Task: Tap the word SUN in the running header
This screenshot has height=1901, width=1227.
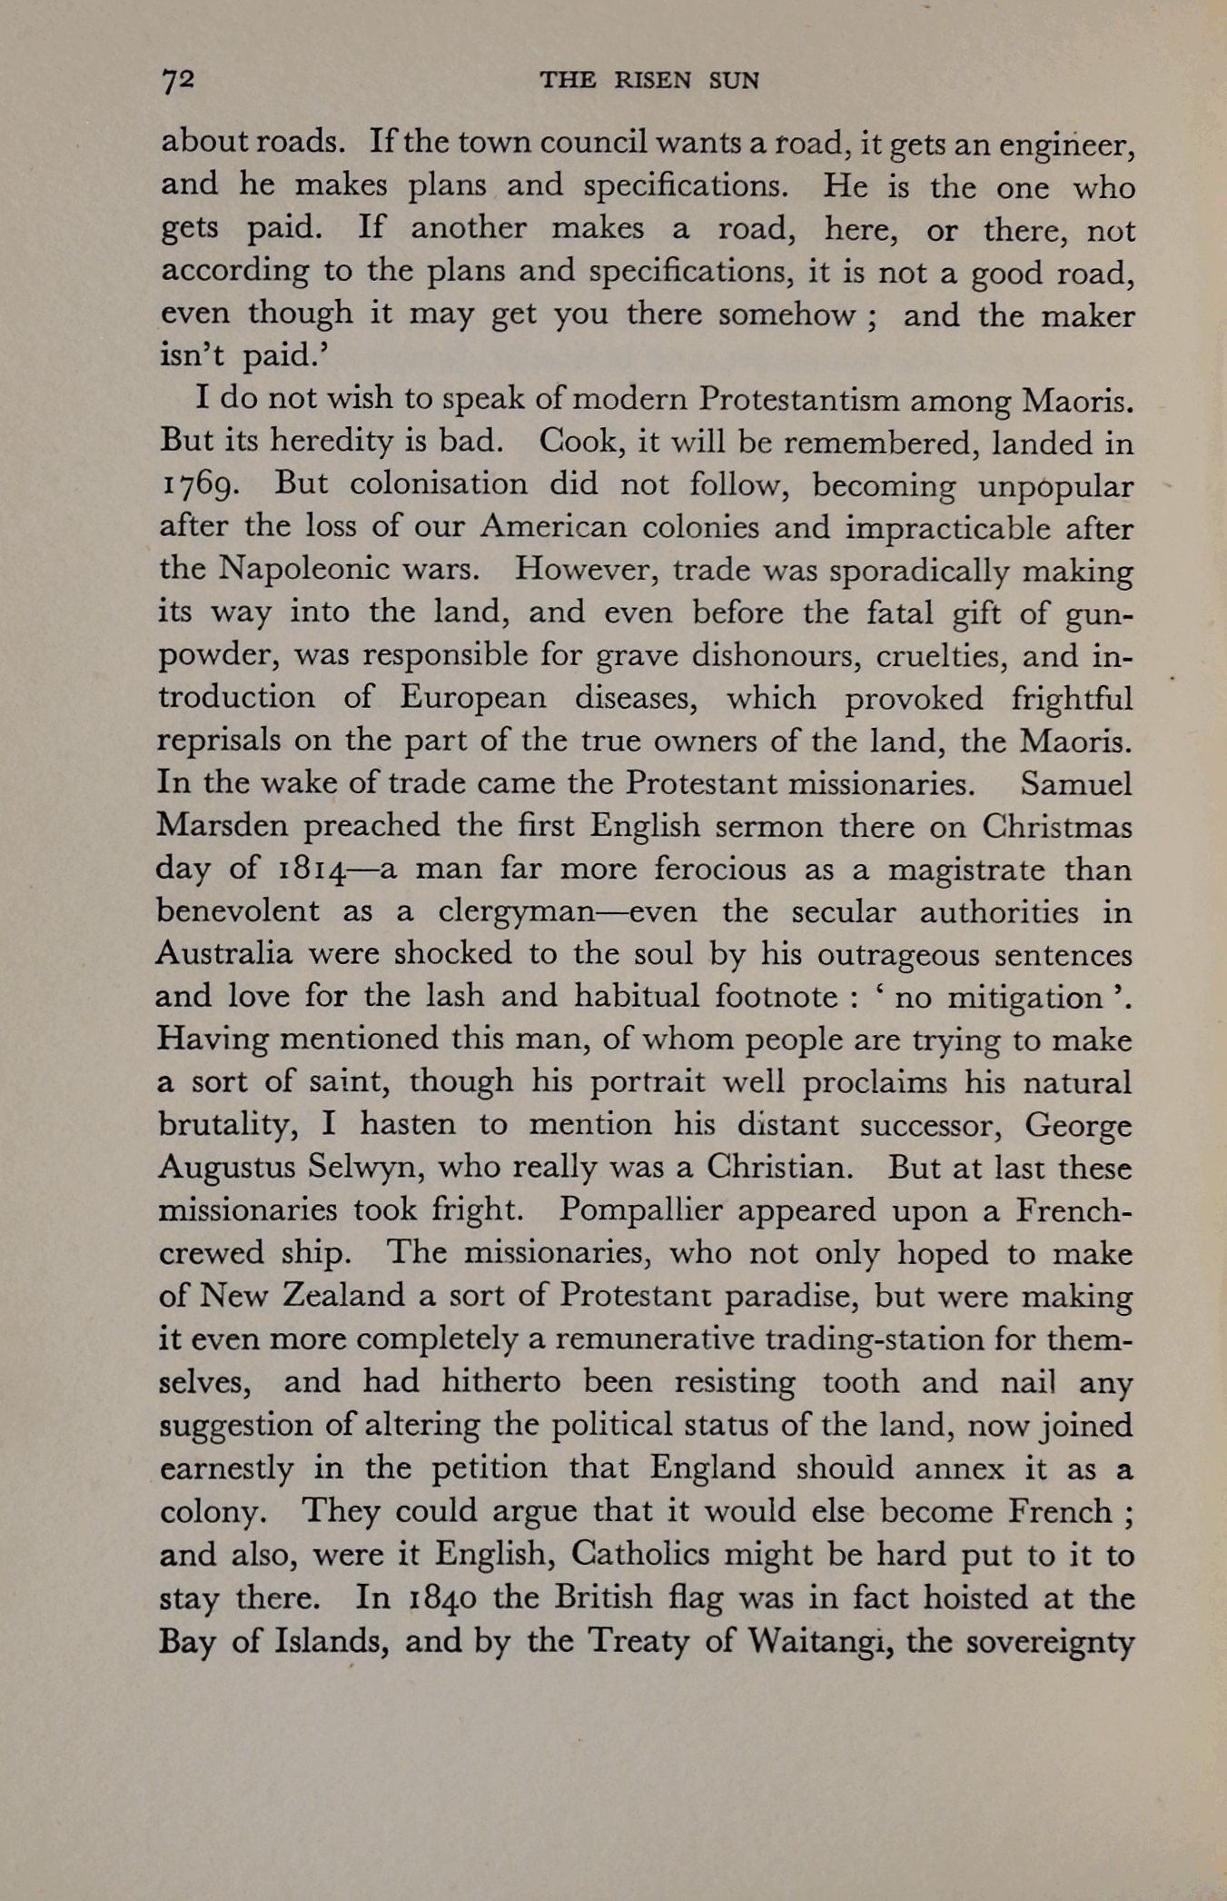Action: tap(733, 81)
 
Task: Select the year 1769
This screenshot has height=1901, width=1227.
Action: tap(200, 486)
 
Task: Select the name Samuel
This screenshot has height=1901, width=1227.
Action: tap(1076, 783)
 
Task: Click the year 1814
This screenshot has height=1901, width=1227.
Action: tap(312, 870)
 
